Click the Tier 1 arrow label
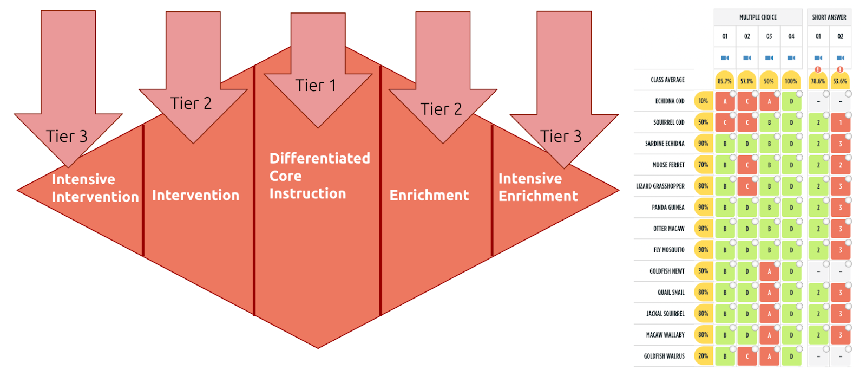[x=316, y=86]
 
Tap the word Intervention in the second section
[x=195, y=195]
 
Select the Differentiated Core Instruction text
[x=319, y=176]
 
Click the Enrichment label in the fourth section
[x=429, y=195]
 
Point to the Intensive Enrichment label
[x=538, y=187]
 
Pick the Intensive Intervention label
[x=95, y=188]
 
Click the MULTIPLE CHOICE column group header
[x=758, y=17]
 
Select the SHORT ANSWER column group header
[x=829, y=17]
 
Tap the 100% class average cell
[x=791, y=81]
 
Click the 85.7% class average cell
[x=724, y=81]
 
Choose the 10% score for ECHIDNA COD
[x=703, y=101]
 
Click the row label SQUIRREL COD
[x=668, y=122]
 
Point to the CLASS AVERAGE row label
[x=667, y=80]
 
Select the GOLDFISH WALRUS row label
[x=664, y=356]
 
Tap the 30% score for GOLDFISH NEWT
[x=703, y=271]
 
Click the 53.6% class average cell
[x=840, y=81]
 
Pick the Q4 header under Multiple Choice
[x=791, y=36]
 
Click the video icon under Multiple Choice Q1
[x=725, y=58]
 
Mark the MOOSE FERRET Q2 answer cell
[x=747, y=165]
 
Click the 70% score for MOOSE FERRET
[x=703, y=165]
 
